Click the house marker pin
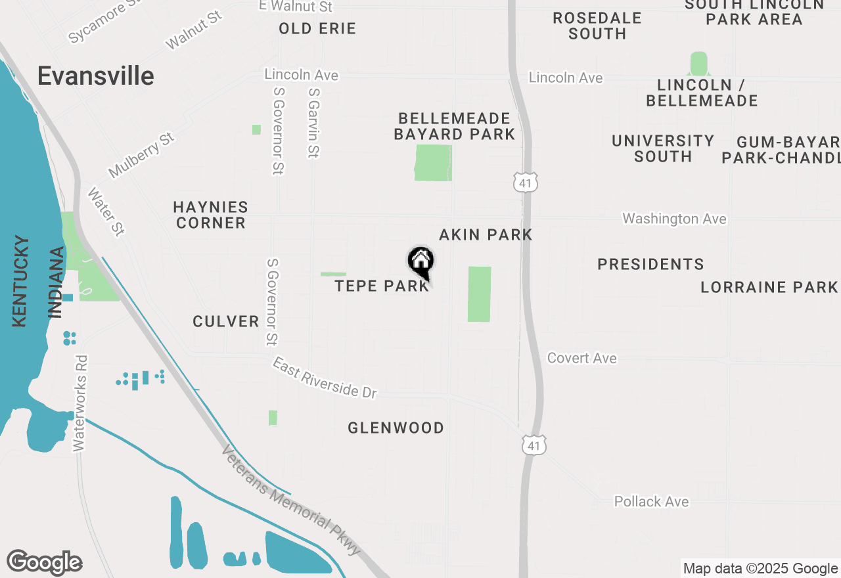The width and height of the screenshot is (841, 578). pos(420,261)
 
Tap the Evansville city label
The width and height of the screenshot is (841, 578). pos(95,76)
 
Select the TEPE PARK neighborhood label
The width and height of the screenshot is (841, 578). pos(382,286)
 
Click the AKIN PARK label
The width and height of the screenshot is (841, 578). pos(486,234)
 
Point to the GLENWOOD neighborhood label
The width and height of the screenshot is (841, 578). pos(396,428)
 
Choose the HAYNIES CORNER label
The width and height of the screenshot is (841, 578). pos(210,215)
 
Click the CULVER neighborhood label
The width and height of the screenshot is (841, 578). pos(226,321)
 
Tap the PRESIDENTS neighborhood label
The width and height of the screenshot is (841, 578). pos(650,264)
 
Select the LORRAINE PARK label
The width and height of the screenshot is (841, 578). pos(769,287)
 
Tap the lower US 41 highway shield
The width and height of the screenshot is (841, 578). pos(534,445)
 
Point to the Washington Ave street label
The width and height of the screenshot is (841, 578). pos(674,219)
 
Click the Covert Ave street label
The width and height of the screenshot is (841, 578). pos(582,358)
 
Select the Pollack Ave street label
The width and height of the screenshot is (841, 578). pos(651,502)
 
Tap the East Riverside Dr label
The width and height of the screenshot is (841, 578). pos(325,378)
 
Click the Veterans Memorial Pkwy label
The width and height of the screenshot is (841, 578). pos(292,499)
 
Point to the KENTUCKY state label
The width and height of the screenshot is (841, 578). pos(20,281)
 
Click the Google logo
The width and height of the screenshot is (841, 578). pos(44,563)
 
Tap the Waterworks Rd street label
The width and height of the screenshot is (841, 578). pos(80,403)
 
